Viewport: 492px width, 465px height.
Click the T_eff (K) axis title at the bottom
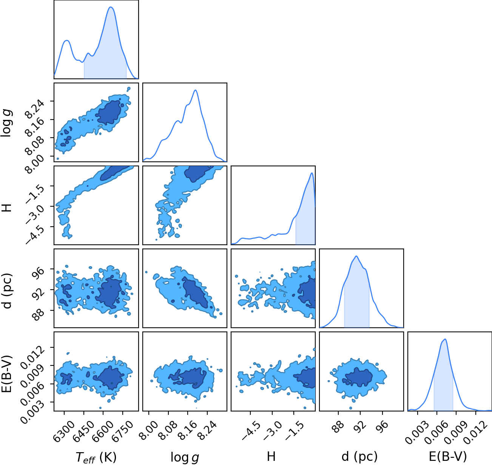click(x=96, y=457)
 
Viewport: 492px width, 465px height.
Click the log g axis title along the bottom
click(x=185, y=457)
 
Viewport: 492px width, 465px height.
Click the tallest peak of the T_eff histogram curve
click(x=111, y=7)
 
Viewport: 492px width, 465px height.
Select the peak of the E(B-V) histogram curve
click(x=445, y=339)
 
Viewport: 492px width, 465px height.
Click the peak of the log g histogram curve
click(x=196, y=90)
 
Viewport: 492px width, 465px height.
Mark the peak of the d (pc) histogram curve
click(x=356, y=256)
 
